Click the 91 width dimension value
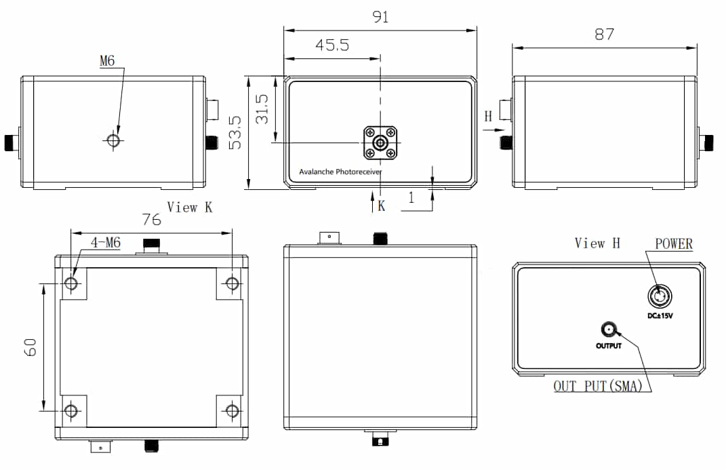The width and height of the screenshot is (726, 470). coord(381,16)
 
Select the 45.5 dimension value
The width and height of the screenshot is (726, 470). coord(332,45)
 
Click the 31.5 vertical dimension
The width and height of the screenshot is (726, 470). coord(262,109)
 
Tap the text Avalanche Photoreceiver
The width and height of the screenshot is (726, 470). coord(340,172)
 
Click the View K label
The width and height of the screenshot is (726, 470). coord(190,208)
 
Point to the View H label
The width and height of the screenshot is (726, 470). coord(597,243)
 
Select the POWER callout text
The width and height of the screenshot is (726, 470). coord(674,243)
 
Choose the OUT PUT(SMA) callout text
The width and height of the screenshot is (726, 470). coord(598,387)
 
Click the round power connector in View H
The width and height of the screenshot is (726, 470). coord(658,296)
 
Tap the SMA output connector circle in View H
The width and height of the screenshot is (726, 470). coord(609,330)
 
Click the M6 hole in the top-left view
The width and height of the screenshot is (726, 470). coord(113,140)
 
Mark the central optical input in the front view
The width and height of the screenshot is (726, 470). coord(380,143)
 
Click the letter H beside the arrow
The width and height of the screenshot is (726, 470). coord(488,117)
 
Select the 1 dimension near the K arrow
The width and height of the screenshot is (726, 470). coord(411,198)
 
